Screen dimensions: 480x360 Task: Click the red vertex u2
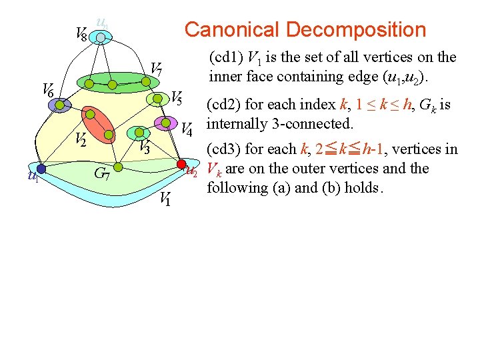[x=181, y=163]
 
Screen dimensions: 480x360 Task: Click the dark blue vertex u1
[x=41, y=169]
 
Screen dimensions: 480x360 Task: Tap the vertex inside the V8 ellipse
[x=100, y=39]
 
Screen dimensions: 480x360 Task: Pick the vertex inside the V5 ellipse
[x=157, y=99]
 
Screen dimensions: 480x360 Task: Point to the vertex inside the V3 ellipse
[x=139, y=133]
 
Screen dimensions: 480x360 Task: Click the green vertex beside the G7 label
[x=117, y=166]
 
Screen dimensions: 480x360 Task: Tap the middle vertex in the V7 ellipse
[x=113, y=85]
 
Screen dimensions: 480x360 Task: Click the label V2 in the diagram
[x=80, y=139]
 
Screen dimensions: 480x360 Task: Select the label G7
[x=101, y=175]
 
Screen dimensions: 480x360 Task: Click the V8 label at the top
[x=81, y=33]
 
